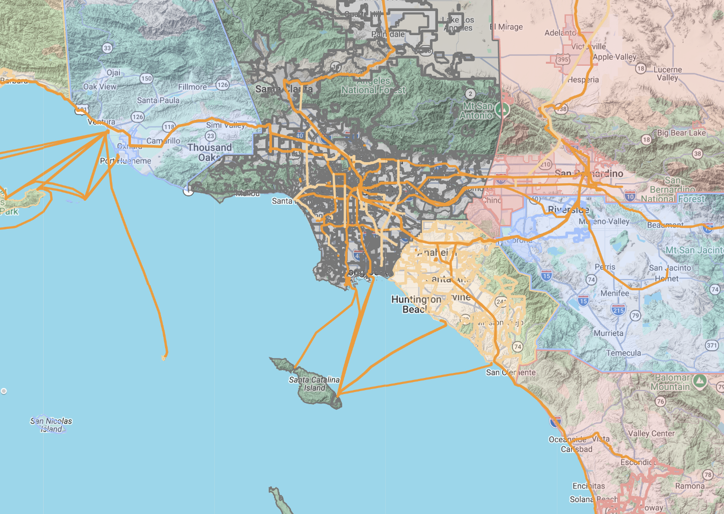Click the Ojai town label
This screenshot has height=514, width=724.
click(113, 73)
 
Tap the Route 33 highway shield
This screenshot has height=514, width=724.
click(107, 48)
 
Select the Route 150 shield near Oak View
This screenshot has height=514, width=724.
click(146, 78)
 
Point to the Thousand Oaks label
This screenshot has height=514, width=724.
click(210, 152)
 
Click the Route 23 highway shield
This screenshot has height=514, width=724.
click(211, 136)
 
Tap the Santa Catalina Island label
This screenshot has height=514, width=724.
click(314, 383)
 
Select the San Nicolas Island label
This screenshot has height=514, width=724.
click(51, 425)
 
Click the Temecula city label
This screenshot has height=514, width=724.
click(623, 353)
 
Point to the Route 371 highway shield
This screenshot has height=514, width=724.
click(711, 345)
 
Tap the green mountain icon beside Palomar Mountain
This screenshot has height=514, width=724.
click(699, 381)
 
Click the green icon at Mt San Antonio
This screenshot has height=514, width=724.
click(502, 109)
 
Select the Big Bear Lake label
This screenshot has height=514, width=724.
click(681, 133)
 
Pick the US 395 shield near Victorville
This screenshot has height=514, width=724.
click(563, 59)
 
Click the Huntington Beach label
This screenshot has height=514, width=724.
click(416, 304)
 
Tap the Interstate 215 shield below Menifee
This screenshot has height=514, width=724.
click(618, 310)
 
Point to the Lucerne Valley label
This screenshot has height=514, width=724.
click(667, 74)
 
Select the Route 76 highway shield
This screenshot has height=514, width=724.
click(660, 401)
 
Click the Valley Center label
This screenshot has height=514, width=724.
click(651, 433)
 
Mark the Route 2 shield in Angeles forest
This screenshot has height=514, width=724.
click(470, 94)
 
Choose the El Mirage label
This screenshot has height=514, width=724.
click(507, 27)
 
